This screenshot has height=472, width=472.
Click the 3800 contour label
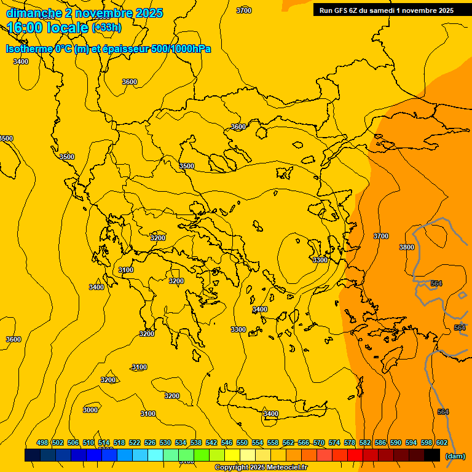click(x=407, y=247)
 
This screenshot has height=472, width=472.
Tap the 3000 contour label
click(x=90, y=410)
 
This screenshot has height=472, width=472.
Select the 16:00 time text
click(x=27, y=28)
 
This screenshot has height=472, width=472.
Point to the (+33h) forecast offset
click(x=106, y=28)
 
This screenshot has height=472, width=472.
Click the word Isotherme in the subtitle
click(x=29, y=49)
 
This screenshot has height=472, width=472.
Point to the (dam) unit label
click(x=455, y=456)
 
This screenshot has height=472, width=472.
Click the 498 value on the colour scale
click(x=42, y=442)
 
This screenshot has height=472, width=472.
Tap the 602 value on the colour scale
click(x=442, y=442)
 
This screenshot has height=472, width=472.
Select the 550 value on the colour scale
click(x=242, y=442)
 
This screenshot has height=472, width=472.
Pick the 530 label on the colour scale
click(x=165, y=442)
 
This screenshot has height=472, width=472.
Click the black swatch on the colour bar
click(x=432, y=455)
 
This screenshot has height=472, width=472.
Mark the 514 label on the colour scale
click(x=104, y=442)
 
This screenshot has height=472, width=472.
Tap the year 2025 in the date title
click(x=149, y=13)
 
